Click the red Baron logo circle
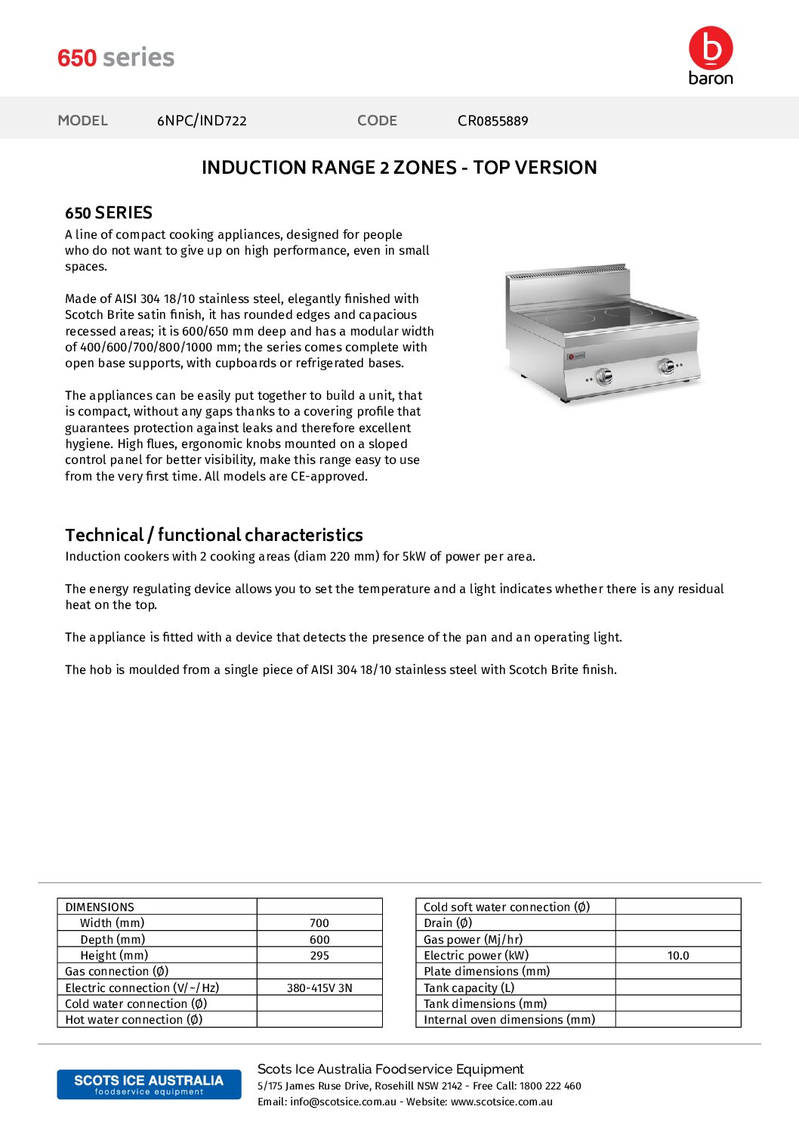point(711,48)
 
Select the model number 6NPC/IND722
point(202,121)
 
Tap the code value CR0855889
point(492,121)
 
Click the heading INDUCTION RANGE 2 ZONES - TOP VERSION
point(399,168)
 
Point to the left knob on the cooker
point(604,376)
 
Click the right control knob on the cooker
point(667,366)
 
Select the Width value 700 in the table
point(319,923)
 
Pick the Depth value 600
point(319,940)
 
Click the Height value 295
point(319,956)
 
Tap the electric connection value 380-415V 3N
point(319,988)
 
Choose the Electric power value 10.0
point(678,956)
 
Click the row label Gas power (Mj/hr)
point(473,940)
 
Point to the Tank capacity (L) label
point(469,988)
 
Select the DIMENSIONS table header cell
point(100,907)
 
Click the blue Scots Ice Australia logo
point(149,1084)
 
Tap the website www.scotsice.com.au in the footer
point(501,1102)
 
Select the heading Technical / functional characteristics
point(214,536)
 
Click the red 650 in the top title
point(77,58)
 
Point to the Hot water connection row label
point(134,1020)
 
